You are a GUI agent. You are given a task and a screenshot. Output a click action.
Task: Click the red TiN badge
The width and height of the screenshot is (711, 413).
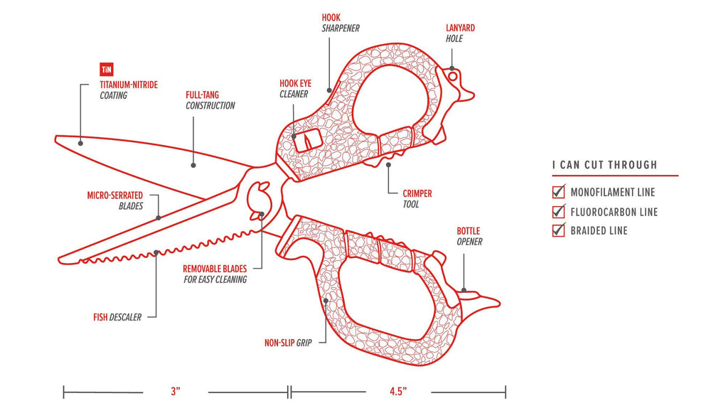pyautogui.click(x=107, y=70)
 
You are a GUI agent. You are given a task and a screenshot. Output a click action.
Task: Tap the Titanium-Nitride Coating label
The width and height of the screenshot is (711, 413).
pyautogui.click(x=129, y=90)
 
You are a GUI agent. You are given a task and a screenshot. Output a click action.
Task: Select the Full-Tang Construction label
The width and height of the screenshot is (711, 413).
pyautogui.click(x=210, y=100)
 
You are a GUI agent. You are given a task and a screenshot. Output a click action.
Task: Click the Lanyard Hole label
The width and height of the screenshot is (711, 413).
pyautogui.click(x=460, y=33)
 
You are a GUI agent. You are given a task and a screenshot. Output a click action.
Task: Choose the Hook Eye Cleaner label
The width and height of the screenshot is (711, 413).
pyautogui.click(x=294, y=88)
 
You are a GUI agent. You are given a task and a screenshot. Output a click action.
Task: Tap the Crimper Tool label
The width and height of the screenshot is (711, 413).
pyautogui.click(x=416, y=198)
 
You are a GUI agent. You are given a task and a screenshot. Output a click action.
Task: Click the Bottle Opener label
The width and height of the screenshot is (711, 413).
pyautogui.click(x=469, y=236)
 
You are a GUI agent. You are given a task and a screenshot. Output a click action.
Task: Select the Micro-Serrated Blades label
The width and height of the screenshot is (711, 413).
pyautogui.click(x=115, y=200)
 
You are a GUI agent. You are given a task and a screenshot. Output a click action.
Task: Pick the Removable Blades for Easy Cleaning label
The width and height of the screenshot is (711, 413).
pyautogui.click(x=215, y=274)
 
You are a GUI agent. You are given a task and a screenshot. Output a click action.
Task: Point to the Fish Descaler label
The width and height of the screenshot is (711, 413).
pyautogui.click(x=117, y=316)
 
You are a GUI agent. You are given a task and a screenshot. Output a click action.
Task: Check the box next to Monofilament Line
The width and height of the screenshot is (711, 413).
pyautogui.click(x=559, y=192)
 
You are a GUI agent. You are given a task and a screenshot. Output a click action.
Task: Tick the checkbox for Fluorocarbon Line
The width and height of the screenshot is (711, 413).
pyautogui.click(x=559, y=211)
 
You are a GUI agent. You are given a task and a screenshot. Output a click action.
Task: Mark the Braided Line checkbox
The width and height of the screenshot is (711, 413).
pyautogui.click(x=559, y=230)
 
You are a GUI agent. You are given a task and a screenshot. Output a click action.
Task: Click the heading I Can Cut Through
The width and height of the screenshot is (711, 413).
pyautogui.click(x=605, y=166)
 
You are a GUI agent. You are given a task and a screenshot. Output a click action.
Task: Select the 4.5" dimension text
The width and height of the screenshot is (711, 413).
pyautogui.click(x=397, y=392)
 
